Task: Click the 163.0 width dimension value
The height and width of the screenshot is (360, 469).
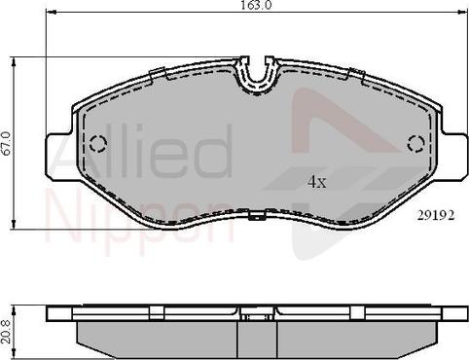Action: [255, 6]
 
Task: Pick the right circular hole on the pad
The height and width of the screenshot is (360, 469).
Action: [415, 144]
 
